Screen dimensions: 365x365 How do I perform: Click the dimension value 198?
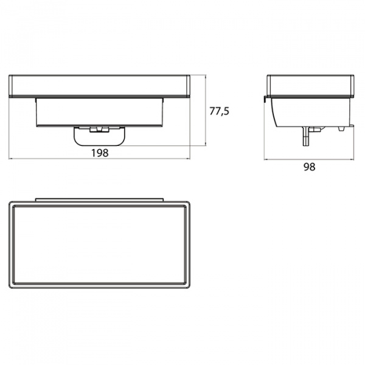[x=100, y=153]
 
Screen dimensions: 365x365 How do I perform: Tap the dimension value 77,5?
[x=219, y=111]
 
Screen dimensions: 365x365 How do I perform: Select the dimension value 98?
[x=310, y=167]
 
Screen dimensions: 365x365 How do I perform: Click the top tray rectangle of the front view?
[x=99, y=86]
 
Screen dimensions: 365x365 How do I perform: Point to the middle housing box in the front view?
[x=100, y=112]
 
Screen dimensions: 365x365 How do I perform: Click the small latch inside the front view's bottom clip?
[x=99, y=130]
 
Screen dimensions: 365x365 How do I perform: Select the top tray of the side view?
[x=310, y=85]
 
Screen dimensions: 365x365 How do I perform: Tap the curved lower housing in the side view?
[x=312, y=112]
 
